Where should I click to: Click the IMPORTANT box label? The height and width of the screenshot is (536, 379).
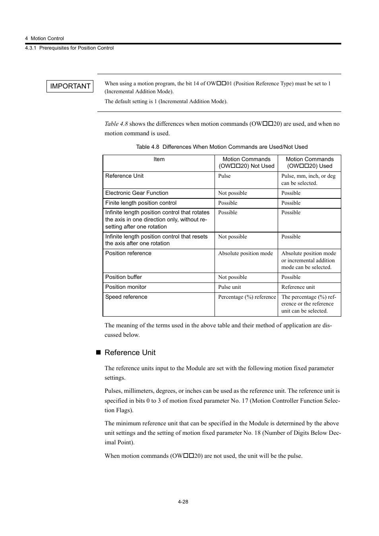(70, 86)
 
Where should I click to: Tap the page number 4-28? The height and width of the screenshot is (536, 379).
(183, 501)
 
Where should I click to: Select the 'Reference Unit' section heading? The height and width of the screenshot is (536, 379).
(130, 353)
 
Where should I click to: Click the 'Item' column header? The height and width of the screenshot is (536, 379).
(159, 159)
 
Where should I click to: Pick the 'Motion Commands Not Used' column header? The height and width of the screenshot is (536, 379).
(246, 163)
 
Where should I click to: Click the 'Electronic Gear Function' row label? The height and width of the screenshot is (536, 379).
(137, 193)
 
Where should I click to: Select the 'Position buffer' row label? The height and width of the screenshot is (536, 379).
(124, 277)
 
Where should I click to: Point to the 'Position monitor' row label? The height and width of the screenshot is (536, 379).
(126, 287)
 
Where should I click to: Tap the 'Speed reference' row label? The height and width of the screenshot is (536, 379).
(126, 297)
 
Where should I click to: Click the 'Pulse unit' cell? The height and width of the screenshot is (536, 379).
(230, 287)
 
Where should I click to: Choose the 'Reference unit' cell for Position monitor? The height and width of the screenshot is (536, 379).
(298, 287)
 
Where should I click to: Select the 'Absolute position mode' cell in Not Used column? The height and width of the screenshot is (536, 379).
(246, 254)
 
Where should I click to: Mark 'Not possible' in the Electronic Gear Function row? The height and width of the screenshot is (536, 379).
(232, 193)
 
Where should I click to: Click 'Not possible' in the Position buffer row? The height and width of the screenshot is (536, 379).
(232, 277)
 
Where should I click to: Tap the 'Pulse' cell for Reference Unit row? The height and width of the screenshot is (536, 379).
(224, 176)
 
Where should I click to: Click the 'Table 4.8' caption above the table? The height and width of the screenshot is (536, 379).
(222, 147)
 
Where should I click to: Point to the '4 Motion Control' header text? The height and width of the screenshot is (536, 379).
(44, 38)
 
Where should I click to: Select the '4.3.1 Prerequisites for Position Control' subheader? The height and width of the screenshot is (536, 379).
(69, 48)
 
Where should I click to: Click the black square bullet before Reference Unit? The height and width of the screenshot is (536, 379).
(99, 353)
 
